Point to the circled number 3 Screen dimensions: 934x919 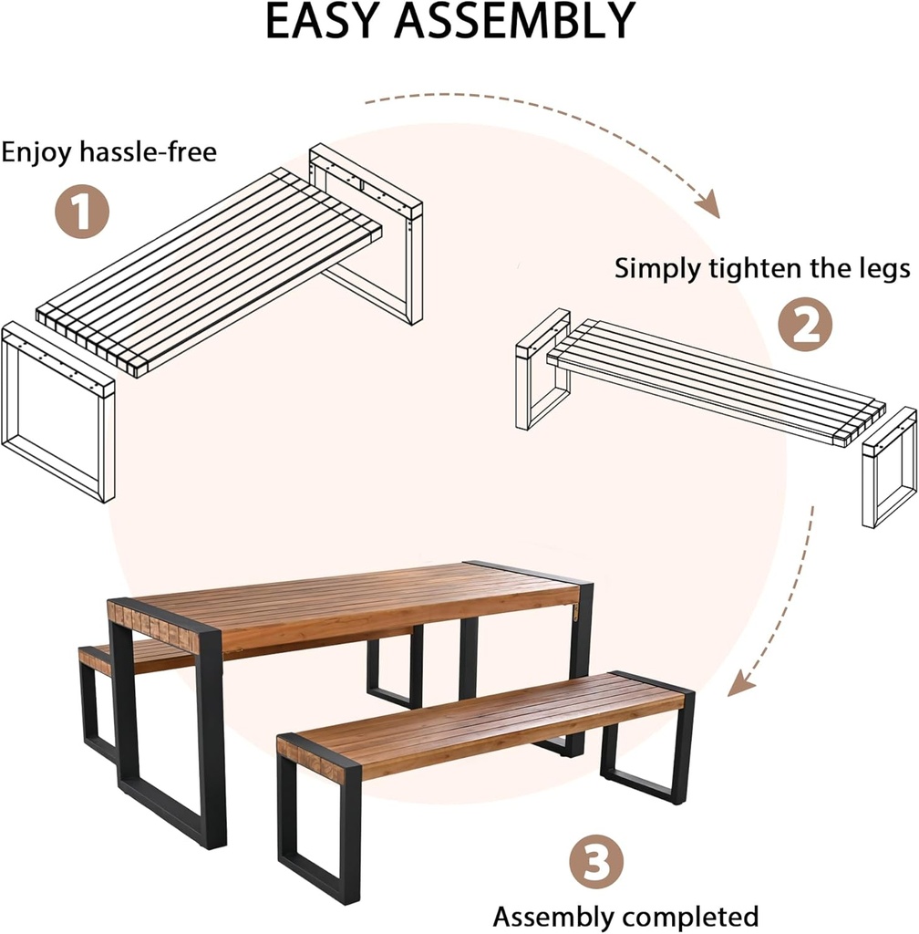(x=596, y=862)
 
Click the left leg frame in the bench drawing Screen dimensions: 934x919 (x=542, y=369)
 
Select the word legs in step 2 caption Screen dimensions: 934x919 (x=881, y=269)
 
